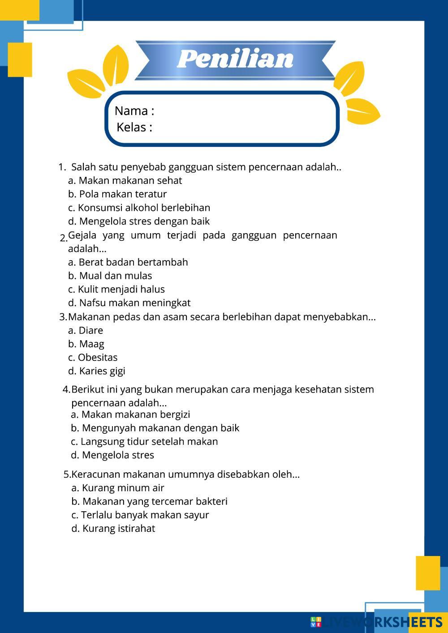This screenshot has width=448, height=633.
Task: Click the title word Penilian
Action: pos(235,59)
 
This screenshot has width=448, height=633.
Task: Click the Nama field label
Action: pos(134,111)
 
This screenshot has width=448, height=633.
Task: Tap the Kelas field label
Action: pos(134,127)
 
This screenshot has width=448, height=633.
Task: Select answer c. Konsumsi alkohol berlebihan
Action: pos(139,208)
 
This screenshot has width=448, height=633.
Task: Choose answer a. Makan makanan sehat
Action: pos(125,180)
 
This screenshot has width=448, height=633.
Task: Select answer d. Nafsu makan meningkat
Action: pos(129,303)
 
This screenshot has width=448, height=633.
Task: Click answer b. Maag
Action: pos(86,344)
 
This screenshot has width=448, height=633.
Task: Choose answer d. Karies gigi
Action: pos(96,371)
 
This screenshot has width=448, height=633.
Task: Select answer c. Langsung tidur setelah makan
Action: pos(144,441)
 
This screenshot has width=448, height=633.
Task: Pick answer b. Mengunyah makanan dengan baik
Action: pos(155,428)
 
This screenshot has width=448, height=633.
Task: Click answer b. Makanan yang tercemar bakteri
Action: pos(149,501)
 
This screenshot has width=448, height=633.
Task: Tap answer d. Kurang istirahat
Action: pos(113,528)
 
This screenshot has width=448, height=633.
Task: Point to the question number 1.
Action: pos(62,167)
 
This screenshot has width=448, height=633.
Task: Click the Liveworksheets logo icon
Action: pos(316,622)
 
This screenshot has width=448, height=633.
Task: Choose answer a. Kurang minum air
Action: pos(118,488)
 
